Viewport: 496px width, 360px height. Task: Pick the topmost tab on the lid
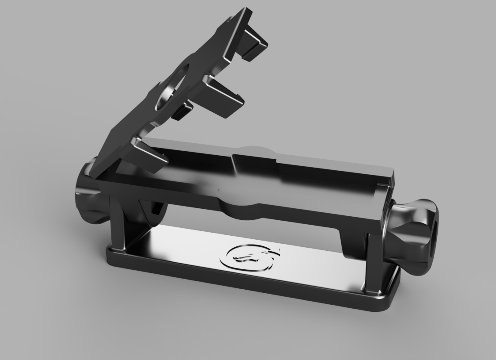click(x=254, y=42)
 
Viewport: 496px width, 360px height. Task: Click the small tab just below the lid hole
click(x=182, y=111)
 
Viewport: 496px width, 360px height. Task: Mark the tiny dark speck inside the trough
click(x=218, y=189)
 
